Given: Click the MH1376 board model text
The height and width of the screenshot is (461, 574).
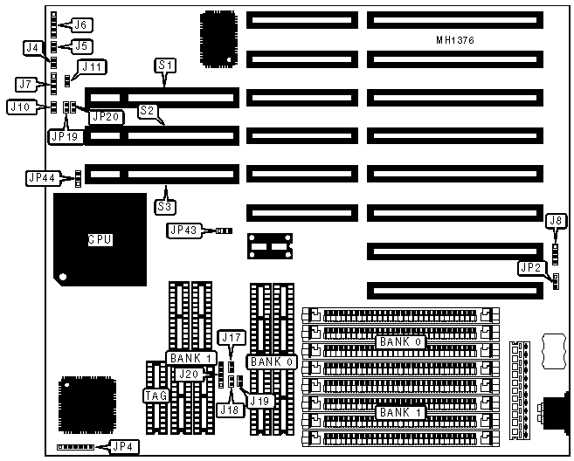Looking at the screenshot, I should coord(454,41).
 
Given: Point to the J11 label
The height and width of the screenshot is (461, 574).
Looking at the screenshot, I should coord(91,65).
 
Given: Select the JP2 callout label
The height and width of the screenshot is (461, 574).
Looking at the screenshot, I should coord(552,267).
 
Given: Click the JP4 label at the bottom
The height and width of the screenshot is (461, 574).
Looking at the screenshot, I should coord(122,447).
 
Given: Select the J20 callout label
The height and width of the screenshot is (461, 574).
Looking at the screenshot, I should coord(187,374).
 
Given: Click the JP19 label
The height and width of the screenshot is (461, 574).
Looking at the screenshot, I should coord(63,135).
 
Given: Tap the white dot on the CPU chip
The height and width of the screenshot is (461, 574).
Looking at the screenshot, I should coord(63,279).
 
